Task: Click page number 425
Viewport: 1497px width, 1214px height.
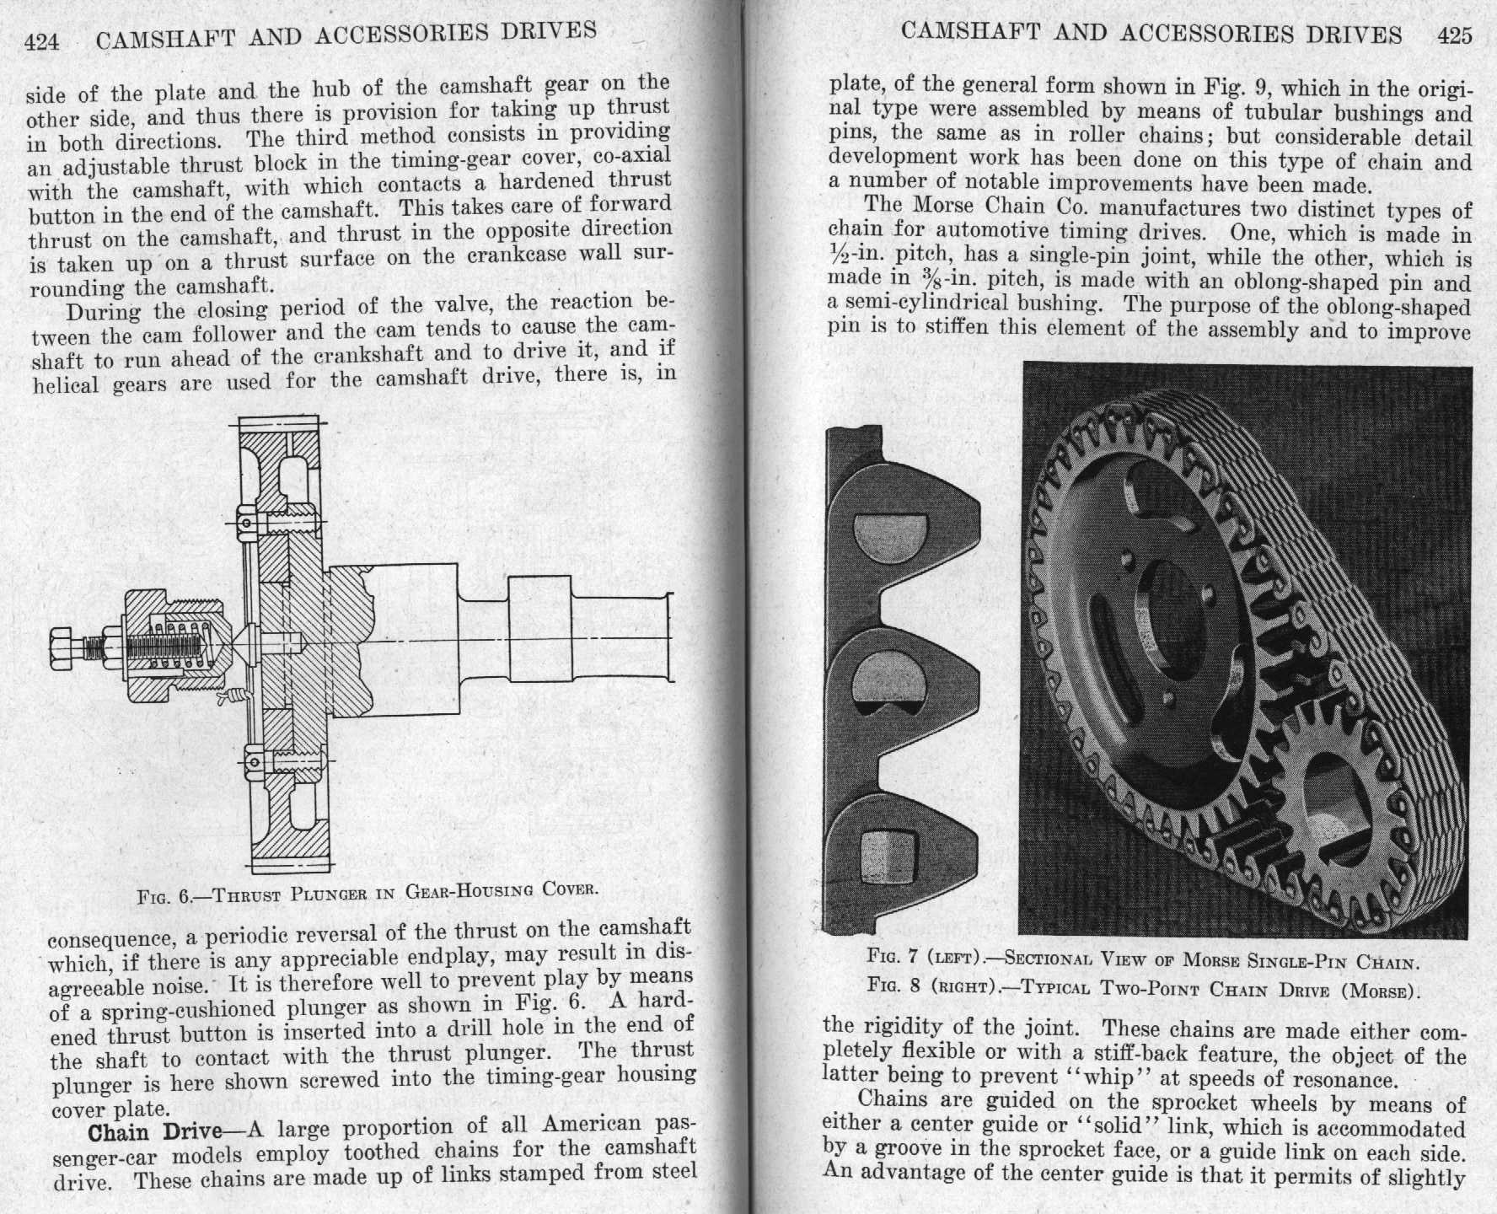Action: (x=1455, y=35)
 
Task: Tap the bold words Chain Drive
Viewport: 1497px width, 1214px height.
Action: (x=155, y=1131)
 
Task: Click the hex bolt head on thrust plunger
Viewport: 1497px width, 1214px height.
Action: (x=66, y=649)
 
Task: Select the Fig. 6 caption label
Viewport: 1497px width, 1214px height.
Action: (x=165, y=895)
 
